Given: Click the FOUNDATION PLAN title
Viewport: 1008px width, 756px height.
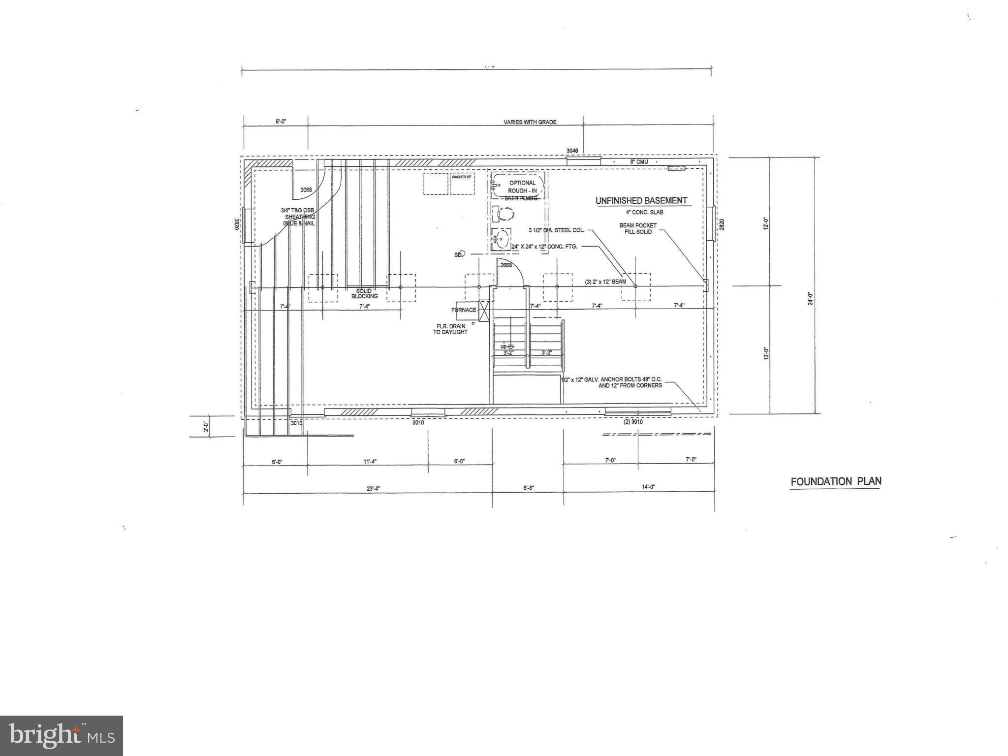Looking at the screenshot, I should pyautogui.click(x=835, y=481).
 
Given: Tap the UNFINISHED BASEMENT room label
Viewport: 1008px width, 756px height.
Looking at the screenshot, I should pyautogui.click(x=641, y=201).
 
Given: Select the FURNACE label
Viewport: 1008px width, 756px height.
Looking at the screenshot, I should pyautogui.click(x=464, y=310).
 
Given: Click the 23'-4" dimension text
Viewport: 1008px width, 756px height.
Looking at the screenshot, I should pyautogui.click(x=373, y=489).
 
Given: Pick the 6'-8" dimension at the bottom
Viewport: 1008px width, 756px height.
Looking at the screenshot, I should pyautogui.click(x=528, y=488).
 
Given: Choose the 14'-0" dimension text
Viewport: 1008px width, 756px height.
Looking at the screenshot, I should pyautogui.click(x=648, y=487).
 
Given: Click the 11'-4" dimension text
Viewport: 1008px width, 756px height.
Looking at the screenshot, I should pyautogui.click(x=370, y=461).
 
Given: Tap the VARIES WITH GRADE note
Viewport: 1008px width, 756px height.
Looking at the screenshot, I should pyautogui.click(x=530, y=122).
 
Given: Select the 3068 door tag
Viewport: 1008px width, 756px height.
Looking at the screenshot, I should pyautogui.click(x=306, y=189).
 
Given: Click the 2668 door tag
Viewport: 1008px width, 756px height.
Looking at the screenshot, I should pyautogui.click(x=506, y=265).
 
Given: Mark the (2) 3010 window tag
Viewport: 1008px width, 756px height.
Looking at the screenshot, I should pyautogui.click(x=633, y=422).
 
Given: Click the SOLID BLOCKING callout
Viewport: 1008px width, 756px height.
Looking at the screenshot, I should pyautogui.click(x=364, y=294).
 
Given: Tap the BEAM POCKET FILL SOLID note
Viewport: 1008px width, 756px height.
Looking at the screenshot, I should pyautogui.click(x=638, y=229).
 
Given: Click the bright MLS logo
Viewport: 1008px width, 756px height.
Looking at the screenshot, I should pyautogui.click(x=62, y=736).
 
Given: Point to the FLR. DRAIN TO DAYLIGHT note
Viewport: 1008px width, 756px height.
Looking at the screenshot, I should pyautogui.click(x=450, y=329).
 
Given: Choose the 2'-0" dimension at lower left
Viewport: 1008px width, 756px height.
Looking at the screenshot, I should pyautogui.click(x=206, y=426).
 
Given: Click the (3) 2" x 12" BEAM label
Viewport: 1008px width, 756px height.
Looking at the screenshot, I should pyautogui.click(x=605, y=282).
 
